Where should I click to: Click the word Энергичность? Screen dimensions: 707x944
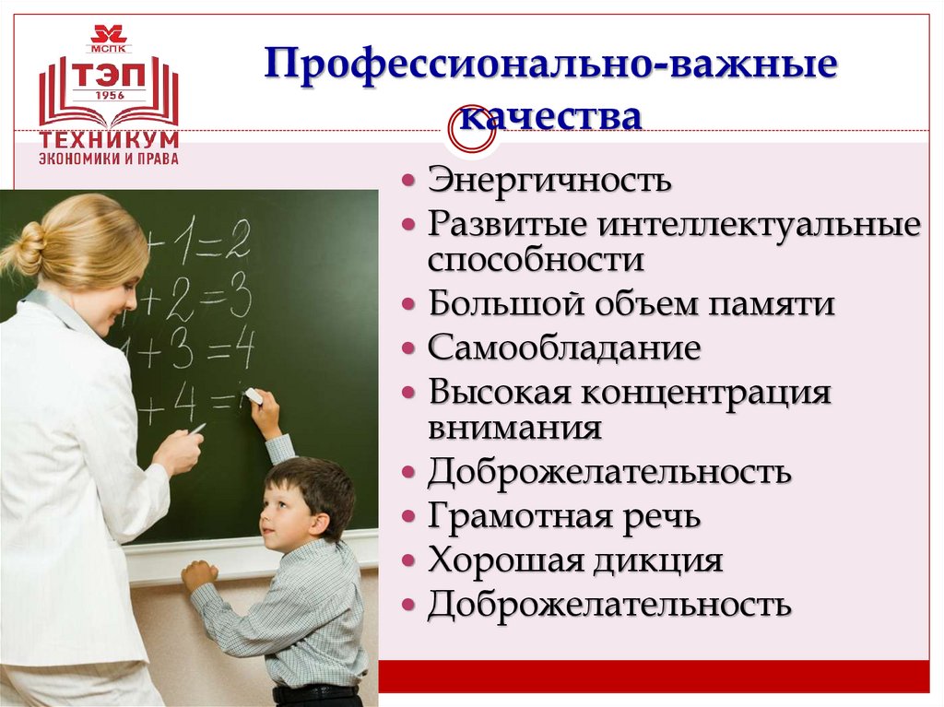coord(549,180)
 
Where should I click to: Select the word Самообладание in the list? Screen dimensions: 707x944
coord(563,349)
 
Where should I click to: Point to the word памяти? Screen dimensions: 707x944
coord(777,304)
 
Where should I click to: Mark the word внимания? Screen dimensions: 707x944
coord(514,428)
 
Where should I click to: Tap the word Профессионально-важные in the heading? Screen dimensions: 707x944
coord(550,69)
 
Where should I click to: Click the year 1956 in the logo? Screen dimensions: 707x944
coord(109,95)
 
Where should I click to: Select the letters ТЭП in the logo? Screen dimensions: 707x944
coord(109,74)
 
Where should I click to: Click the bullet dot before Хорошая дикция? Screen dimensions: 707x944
coord(409,561)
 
